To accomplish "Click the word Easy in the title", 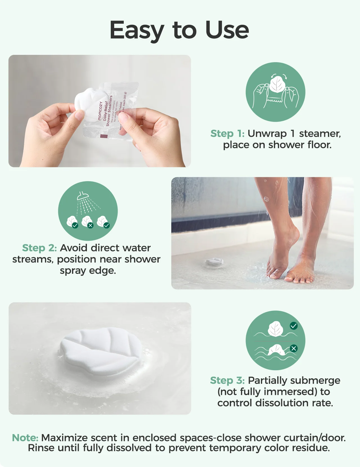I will (x=137, y=30).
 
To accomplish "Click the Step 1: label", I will (x=227, y=134).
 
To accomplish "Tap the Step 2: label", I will (x=39, y=248).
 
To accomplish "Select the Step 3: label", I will (x=227, y=380).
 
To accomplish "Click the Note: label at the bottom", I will (x=25, y=438).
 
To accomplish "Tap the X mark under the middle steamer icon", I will (x=90, y=225).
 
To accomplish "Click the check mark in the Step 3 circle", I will (x=294, y=326).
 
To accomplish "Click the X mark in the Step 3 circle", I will (x=294, y=349).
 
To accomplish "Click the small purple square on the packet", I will (x=103, y=137).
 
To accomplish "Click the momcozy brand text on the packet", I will (x=100, y=111).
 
